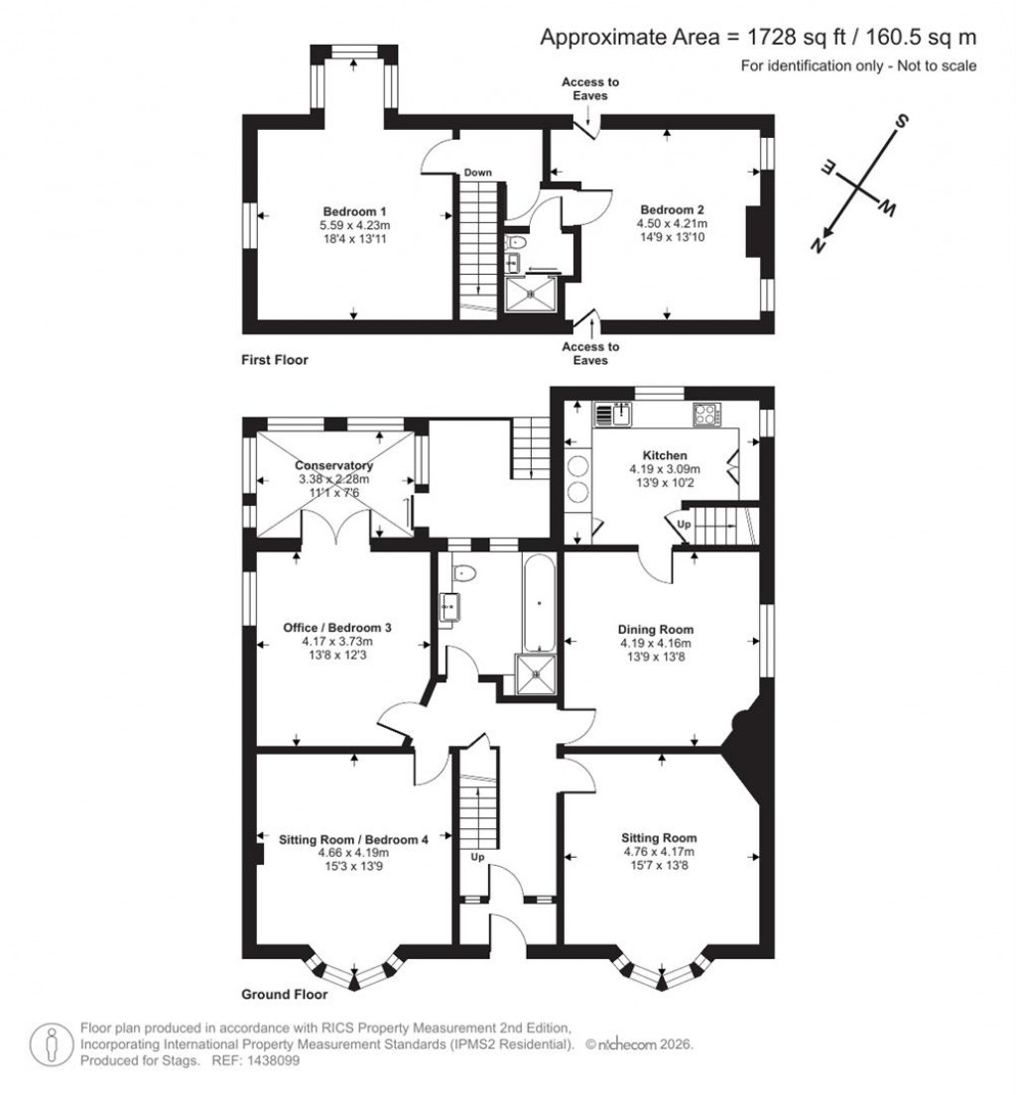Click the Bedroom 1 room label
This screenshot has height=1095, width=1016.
354,211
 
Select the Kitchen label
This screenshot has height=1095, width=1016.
665,455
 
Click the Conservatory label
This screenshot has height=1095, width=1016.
333,465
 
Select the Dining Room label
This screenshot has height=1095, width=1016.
655,629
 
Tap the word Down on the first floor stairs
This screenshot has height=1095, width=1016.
478,173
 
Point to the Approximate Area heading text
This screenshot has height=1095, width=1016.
758,37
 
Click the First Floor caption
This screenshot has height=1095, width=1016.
275,360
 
